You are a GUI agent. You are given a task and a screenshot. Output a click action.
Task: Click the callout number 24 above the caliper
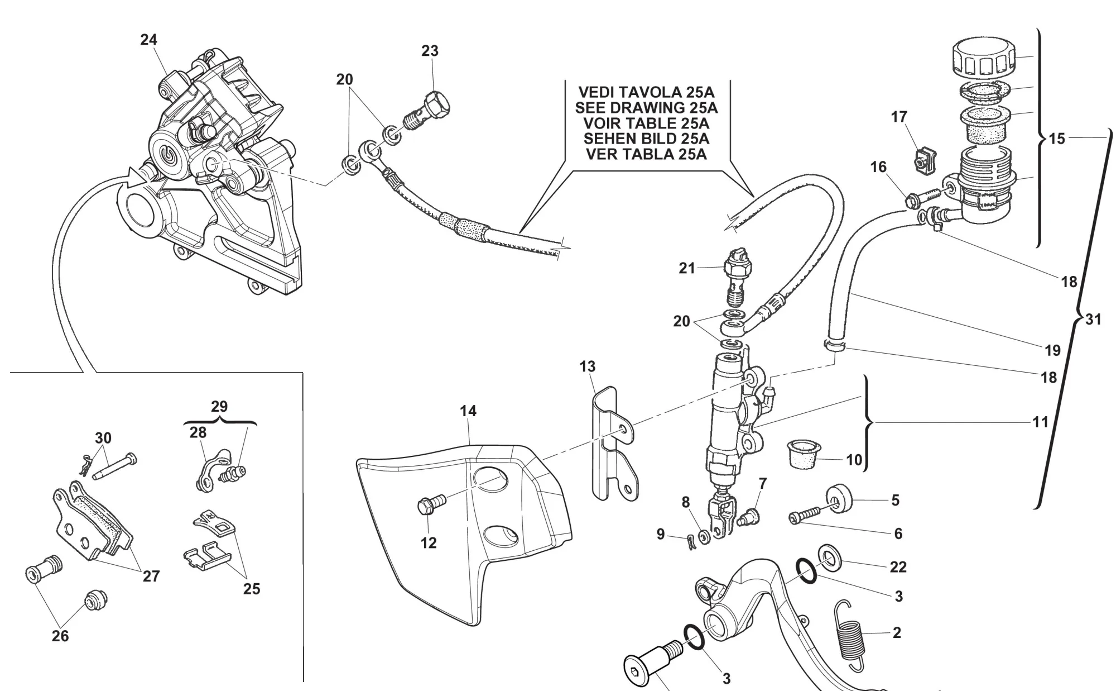[148, 40]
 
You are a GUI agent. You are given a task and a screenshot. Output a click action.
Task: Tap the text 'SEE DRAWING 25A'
[646, 107]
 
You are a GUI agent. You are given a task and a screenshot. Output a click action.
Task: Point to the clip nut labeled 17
[923, 159]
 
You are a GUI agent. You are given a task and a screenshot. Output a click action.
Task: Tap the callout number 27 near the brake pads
[151, 576]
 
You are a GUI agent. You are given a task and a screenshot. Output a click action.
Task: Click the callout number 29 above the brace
[219, 406]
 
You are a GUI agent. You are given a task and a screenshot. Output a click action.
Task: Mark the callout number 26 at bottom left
[60, 636]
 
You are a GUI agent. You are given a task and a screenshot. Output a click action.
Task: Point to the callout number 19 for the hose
[1052, 350]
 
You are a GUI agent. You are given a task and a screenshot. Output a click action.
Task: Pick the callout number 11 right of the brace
[1040, 422]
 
